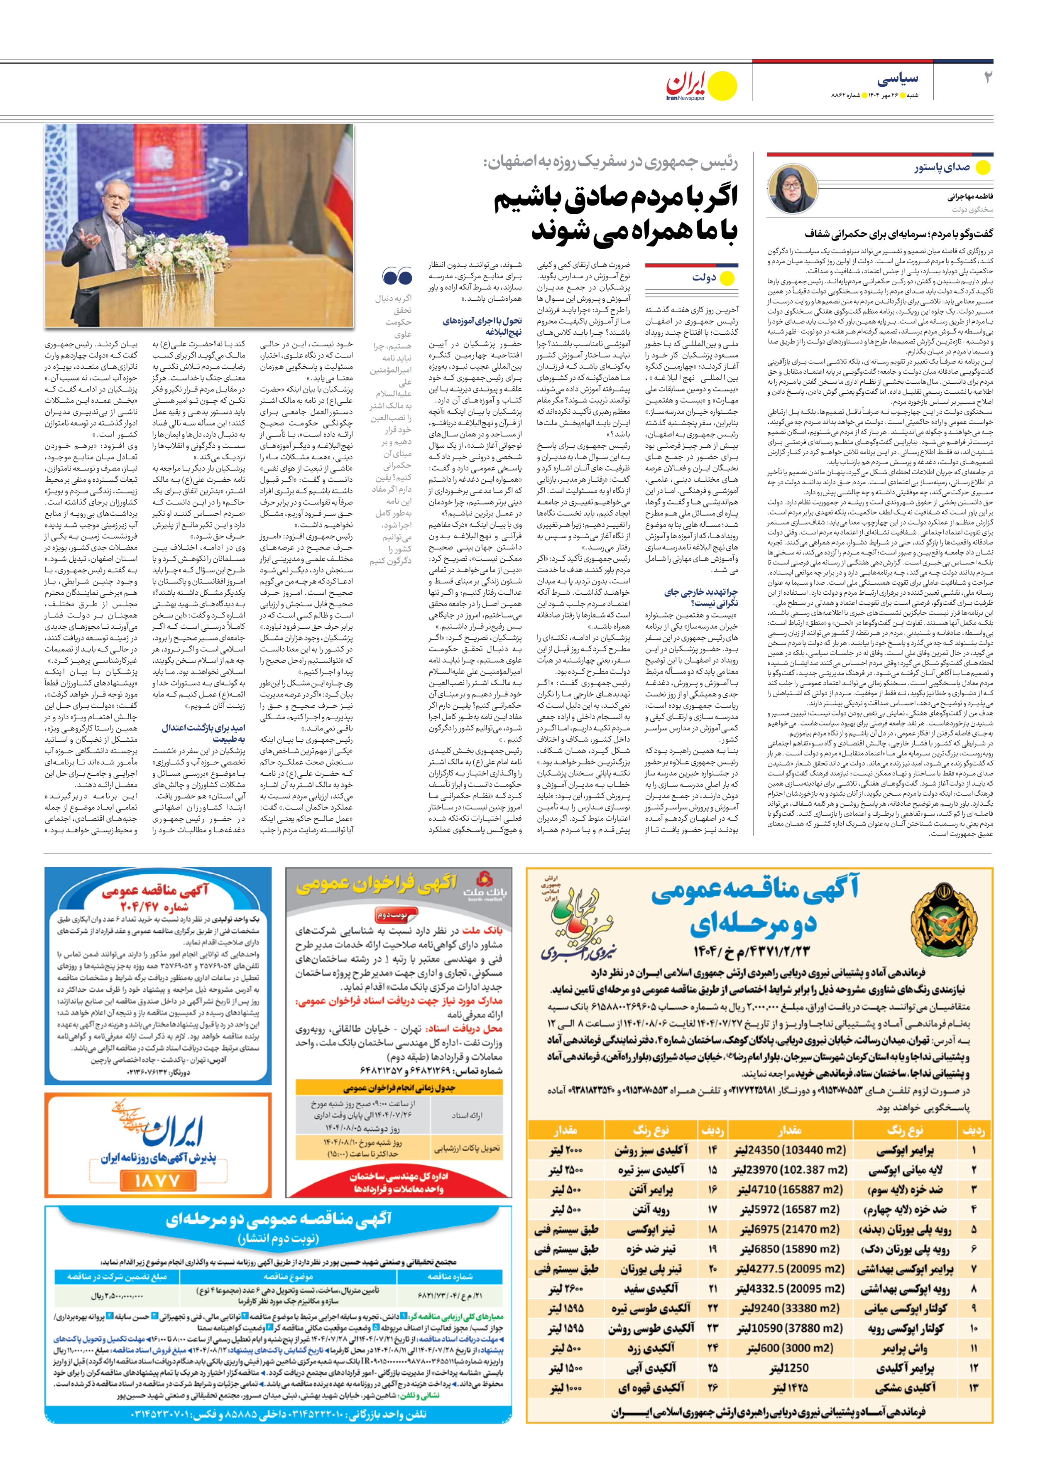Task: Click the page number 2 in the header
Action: pos(987,78)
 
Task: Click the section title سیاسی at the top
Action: pos(898,79)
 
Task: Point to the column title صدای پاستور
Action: pos(942,167)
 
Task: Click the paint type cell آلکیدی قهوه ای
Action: pos(651,1388)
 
